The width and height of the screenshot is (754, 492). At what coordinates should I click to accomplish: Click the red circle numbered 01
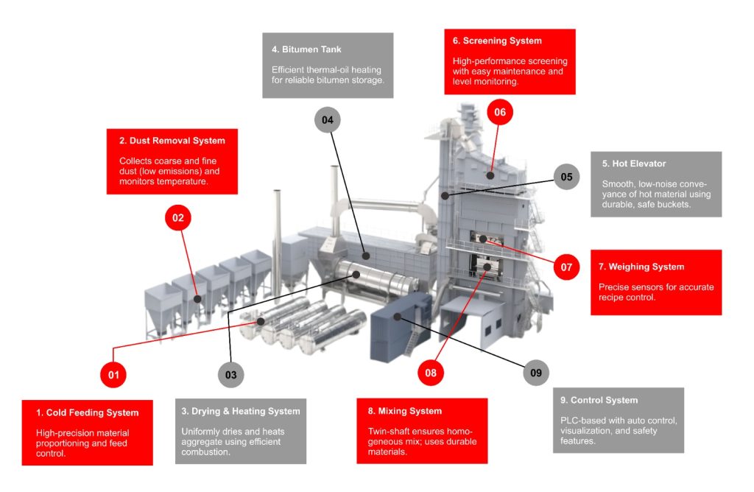[113, 374]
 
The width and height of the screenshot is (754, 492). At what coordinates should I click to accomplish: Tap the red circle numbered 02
[177, 218]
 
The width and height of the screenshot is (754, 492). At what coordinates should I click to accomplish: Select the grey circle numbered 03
[231, 374]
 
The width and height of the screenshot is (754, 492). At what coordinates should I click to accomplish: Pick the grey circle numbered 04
[328, 119]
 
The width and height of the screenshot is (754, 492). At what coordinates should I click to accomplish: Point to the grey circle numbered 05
[566, 177]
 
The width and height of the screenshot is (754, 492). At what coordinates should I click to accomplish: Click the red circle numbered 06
[500, 113]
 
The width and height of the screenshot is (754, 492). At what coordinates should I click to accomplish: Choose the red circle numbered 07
[566, 267]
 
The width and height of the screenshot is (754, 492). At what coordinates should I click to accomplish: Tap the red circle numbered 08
[431, 373]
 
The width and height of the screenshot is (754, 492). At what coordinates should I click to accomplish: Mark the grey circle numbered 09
[536, 373]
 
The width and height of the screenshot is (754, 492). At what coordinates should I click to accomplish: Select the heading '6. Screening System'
[497, 41]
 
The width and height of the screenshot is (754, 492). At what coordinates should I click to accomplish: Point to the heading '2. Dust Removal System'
[172, 141]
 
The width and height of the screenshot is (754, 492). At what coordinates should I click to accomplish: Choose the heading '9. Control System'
[599, 400]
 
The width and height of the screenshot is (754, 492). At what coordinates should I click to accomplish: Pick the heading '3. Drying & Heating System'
[241, 411]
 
